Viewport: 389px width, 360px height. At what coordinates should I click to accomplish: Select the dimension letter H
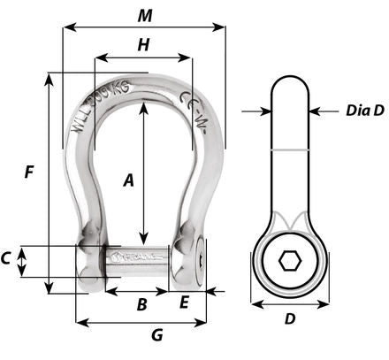point(142,43)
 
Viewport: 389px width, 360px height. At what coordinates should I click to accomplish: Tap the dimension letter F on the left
point(30,173)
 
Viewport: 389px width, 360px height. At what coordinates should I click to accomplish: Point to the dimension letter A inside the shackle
point(128,181)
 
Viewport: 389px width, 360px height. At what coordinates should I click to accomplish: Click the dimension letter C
point(7,258)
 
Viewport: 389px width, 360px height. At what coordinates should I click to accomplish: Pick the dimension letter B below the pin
point(139,305)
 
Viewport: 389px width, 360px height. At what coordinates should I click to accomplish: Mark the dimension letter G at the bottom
point(156,336)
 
